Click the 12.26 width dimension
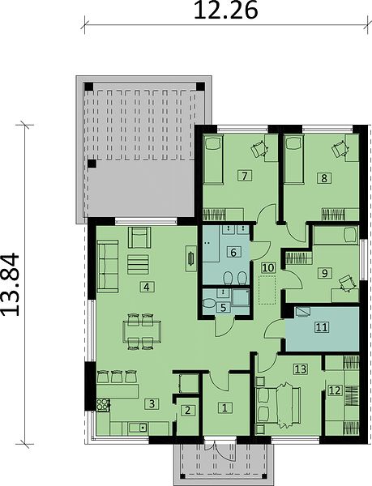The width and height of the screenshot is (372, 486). point(225,11)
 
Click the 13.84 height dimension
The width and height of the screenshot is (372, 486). point(11,284)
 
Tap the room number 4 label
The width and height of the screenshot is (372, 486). point(147,287)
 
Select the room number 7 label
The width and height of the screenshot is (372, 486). point(245,176)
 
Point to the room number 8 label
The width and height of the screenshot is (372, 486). point(324,178)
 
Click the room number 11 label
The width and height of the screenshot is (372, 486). point(322,327)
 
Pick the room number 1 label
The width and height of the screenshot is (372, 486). point(224,407)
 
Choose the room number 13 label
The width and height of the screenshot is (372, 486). point(301,369)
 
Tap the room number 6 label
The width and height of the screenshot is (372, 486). point(233,252)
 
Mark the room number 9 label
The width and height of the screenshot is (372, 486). point(324,273)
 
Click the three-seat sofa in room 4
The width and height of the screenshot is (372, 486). point(108,266)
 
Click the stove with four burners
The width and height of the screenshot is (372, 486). point(103,404)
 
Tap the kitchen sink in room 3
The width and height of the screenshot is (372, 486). point(139,428)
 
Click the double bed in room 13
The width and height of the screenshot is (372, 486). point(278,405)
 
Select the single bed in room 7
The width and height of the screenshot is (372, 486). point(214,160)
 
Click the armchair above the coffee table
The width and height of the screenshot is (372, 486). point(139,237)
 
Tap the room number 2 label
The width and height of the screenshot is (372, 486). point(187,411)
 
